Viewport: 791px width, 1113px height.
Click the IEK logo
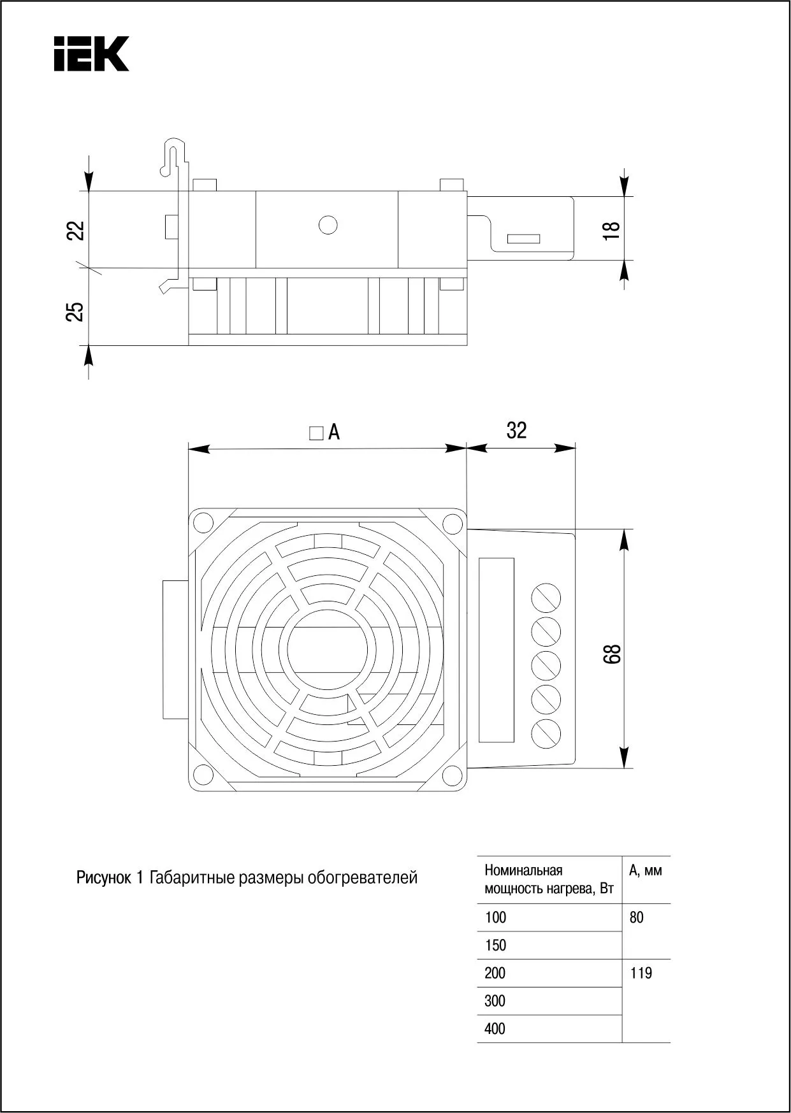pos(91,54)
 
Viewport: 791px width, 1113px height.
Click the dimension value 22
pos(76,230)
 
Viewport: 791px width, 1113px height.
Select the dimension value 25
pos(76,311)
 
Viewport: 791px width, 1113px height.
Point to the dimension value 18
pos(611,229)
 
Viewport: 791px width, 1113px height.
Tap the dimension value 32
pos(516,431)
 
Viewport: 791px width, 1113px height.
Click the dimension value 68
pos(612,654)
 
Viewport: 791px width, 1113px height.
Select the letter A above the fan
pos(334,433)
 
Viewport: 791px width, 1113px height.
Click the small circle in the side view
pos(328,225)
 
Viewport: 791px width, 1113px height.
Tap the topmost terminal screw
pos(546,598)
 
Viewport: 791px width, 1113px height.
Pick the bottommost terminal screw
pos(546,732)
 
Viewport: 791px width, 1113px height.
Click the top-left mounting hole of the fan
pos(203,523)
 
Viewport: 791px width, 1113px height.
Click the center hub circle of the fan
pos(328,649)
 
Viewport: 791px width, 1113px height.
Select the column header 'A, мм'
pos(645,870)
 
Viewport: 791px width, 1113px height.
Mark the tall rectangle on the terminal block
pos(497,650)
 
